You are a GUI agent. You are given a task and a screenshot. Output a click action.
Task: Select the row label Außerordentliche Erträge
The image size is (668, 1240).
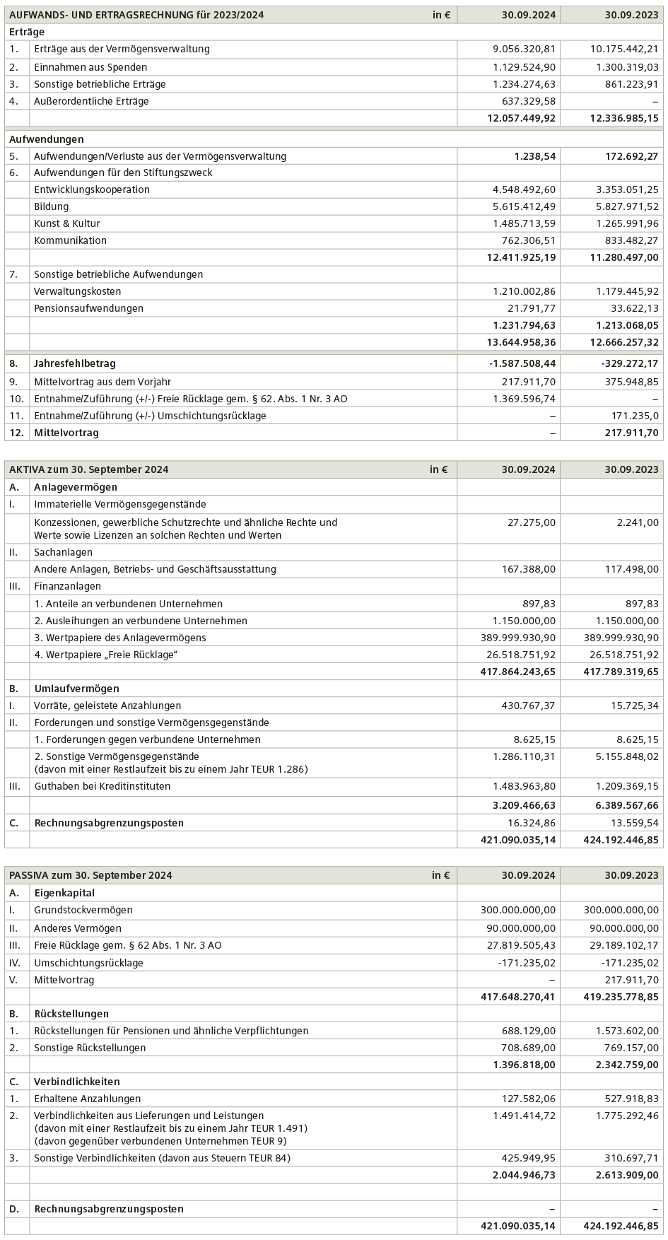coord(91,101)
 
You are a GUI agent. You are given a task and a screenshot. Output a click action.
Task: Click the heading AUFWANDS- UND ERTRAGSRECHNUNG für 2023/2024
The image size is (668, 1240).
coord(136,15)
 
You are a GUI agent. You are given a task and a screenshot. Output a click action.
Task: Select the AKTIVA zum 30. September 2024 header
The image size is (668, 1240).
coord(88,469)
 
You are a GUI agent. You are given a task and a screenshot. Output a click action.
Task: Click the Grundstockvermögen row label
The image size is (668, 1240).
coord(83,910)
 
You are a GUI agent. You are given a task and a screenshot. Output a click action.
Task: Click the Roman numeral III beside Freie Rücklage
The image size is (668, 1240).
coord(13,945)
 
